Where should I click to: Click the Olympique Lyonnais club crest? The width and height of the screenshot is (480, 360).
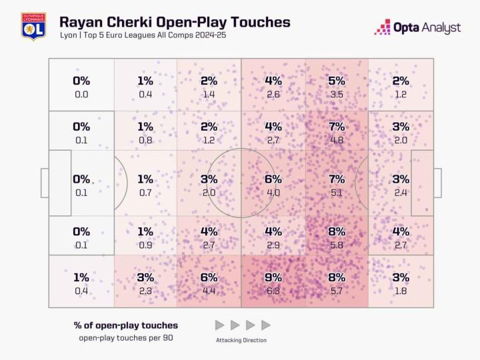(x=33, y=26)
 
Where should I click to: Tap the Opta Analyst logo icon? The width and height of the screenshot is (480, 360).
(x=382, y=27)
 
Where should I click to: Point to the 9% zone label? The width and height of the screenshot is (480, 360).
(x=273, y=277)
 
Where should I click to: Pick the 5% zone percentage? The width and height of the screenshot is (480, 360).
(x=337, y=81)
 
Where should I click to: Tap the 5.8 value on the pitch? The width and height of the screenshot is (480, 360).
(x=337, y=244)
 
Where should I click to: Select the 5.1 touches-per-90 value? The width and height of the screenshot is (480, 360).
(x=337, y=192)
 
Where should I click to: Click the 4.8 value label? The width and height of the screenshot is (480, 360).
(x=337, y=140)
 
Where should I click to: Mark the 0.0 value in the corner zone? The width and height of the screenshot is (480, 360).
(x=81, y=94)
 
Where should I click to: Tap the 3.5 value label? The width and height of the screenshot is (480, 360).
(x=337, y=94)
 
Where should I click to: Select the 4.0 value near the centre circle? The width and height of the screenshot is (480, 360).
(x=273, y=192)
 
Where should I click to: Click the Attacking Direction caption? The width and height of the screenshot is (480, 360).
(x=241, y=340)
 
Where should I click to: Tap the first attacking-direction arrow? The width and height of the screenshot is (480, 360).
(x=220, y=325)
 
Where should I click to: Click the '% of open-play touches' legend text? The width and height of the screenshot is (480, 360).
(x=126, y=325)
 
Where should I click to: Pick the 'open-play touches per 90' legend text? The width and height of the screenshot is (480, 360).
(x=126, y=338)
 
